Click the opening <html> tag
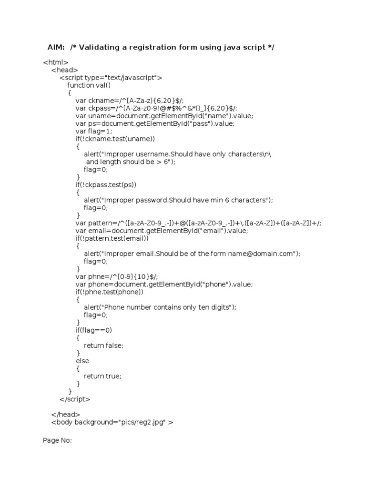point(56,62)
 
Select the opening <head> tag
point(64,70)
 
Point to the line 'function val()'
point(89,85)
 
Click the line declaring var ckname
point(126,101)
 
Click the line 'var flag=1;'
point(93,131)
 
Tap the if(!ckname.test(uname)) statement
point(115,139)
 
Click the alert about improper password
point(178,200)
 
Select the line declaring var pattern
point(198,223)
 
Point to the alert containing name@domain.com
point(192,254)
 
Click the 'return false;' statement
point(103,346)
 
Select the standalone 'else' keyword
point(82,361)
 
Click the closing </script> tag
point(75,399)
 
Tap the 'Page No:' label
point(57,440)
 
